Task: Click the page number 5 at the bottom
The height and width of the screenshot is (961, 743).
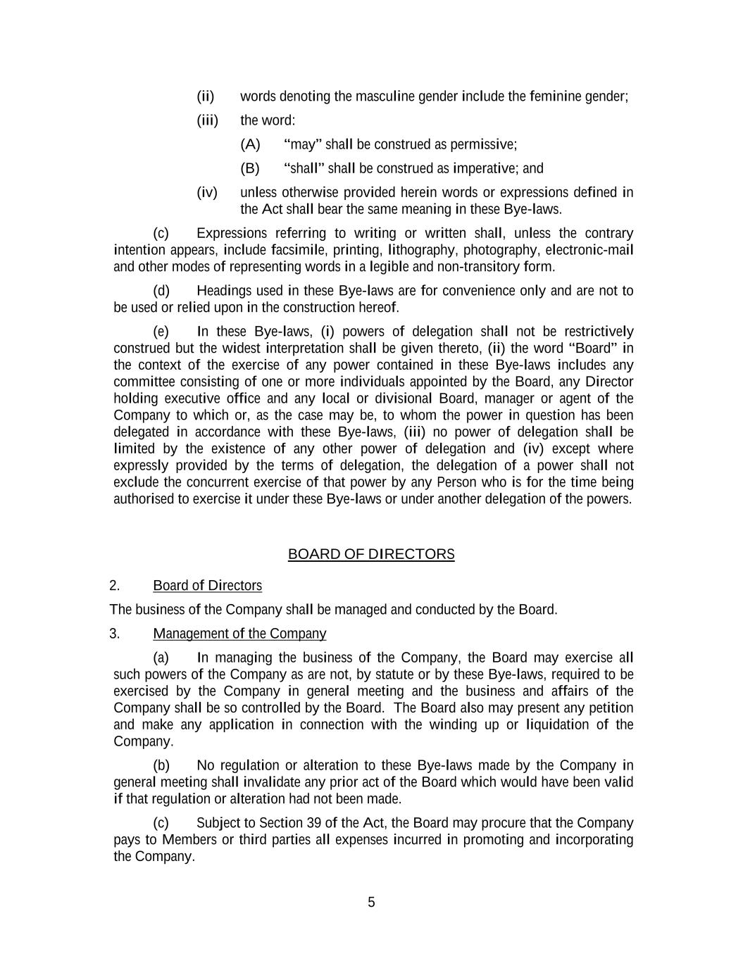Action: pos(371,903)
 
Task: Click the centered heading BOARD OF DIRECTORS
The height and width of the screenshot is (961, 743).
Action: pos(371,554)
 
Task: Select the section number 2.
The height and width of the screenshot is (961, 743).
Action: pos(115,586)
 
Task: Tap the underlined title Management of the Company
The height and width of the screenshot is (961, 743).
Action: pos(239,634)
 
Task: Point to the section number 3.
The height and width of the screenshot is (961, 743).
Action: pos(115,634)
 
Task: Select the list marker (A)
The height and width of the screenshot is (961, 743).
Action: pos(250,144)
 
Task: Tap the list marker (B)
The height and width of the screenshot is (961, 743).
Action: pos(250,168)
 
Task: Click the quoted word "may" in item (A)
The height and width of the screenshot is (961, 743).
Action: pos(303,144)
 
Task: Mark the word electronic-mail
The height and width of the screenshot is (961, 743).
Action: pos(589,250)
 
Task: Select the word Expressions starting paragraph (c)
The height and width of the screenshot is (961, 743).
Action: pos(232,233)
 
